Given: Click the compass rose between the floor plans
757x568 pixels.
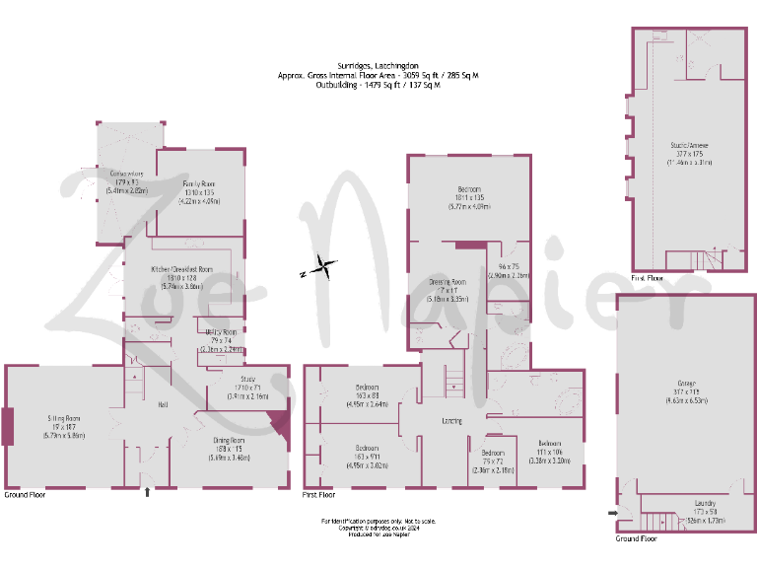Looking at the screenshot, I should tap(323, 264).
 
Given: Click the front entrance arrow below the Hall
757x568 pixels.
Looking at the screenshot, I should tap(147, 490).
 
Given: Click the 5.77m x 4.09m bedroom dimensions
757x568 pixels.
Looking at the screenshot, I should tap(468, 206).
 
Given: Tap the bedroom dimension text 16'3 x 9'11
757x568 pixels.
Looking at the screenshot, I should tap(367, 456).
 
